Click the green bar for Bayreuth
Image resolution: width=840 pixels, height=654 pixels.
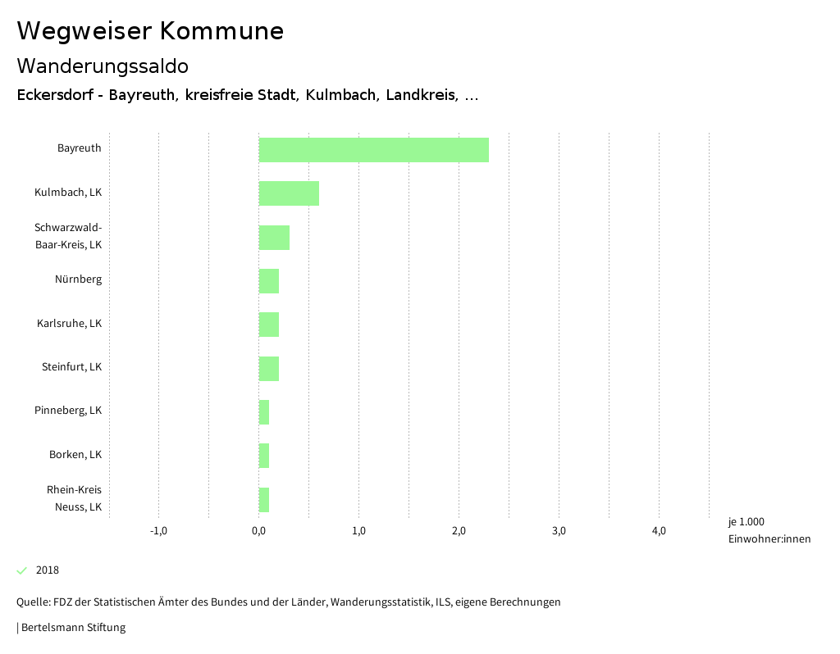tap(373, 150)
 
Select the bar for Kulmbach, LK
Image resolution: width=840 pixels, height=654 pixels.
tap(289, 193)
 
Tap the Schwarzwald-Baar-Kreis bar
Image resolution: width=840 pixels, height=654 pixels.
tap(274, 238)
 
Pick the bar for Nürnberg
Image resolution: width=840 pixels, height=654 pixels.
tap(269, 281)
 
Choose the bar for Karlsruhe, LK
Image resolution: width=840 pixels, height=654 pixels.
tap(269, 325)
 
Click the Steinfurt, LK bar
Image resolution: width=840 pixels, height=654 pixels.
tap(269, 369)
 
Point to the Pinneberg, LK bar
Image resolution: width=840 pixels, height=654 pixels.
tap(264, 412)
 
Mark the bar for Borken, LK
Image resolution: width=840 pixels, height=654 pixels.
tap(264, 456)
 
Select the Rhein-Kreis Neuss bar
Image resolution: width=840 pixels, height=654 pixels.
tap(264, 500)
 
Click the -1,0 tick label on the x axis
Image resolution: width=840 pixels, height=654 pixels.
tap(158, 531)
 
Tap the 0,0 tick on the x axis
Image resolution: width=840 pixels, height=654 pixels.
tap(258, 531)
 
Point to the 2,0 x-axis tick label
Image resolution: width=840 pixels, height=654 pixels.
tap(459, 531)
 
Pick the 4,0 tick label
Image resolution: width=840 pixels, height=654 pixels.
tap(659, 531)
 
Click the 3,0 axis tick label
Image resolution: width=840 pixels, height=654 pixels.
tap(559, 531)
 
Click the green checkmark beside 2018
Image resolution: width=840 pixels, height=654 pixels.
tap(22, 570)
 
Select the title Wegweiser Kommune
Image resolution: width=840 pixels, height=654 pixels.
tap(150, 31)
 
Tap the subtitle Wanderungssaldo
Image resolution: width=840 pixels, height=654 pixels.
tap(103, 66)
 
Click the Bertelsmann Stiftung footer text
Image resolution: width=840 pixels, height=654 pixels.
tap(72, 628)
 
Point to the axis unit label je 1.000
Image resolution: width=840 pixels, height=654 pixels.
tap(746, 522)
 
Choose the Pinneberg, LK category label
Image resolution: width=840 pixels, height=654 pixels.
tap(68, 411)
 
